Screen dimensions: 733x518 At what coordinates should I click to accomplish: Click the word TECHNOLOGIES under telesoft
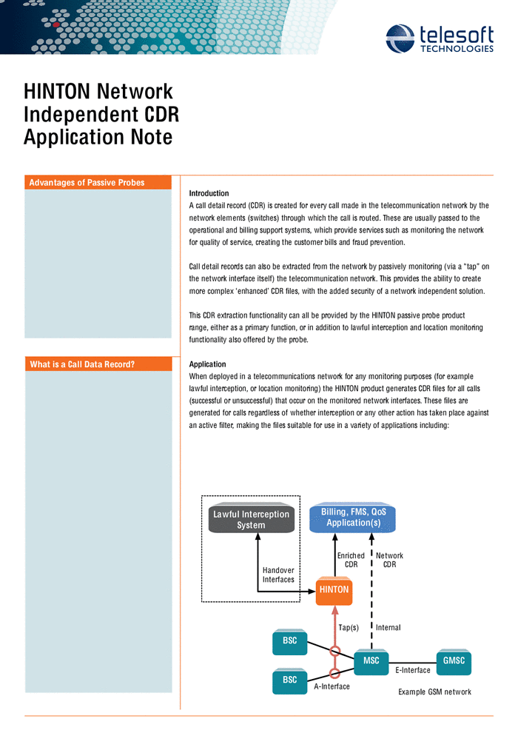[457, 49]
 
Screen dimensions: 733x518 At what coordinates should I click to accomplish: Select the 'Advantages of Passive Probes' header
[87, 183]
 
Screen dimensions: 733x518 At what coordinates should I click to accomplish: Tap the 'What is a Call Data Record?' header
[82, 364]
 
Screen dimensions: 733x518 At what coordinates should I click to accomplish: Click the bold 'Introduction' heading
[209, 193]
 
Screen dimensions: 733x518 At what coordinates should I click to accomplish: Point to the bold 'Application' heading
[208, 364]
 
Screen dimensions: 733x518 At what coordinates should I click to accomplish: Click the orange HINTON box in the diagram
[334, 590]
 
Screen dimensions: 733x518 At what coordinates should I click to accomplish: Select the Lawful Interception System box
[251, 520]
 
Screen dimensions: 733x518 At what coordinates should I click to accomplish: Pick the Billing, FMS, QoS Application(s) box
[353, 518]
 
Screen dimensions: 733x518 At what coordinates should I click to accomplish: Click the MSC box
[371, 661]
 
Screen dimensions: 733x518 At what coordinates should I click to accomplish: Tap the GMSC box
[454, 661]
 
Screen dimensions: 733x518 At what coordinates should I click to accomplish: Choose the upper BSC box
[290, 641]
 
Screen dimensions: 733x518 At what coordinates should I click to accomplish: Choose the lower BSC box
[290, 680]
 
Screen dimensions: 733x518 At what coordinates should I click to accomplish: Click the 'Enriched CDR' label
[351, 560]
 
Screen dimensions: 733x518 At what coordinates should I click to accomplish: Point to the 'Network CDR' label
[389, 560]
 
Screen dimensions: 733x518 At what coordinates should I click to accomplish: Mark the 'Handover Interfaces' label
[278, 575]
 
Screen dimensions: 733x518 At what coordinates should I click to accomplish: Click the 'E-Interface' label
[413, 671]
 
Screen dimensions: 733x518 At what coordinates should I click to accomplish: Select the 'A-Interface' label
[332, 687]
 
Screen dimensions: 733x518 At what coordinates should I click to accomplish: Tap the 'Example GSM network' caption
[434, 692]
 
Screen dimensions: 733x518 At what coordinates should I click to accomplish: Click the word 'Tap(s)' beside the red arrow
[349, 628]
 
